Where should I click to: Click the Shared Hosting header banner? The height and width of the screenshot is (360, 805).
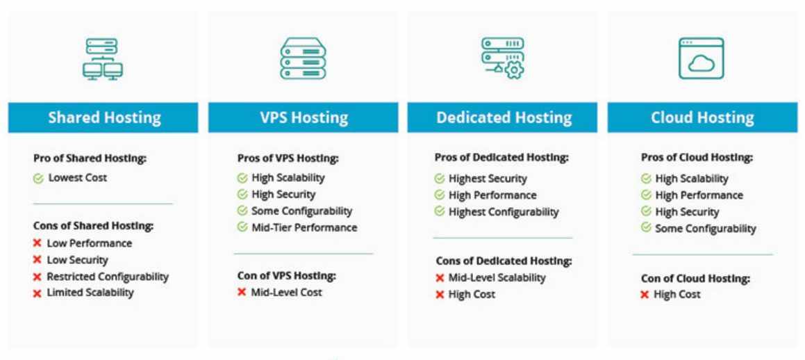pyautogui.click(x=103, y=117)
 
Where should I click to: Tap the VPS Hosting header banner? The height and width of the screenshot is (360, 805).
pyautogui.click(x=304, y=117)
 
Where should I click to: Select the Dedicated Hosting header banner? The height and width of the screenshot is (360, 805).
pyautogui.click(x=503, y=117)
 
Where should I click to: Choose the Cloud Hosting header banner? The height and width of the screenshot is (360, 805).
pyautogui.click(x=702, y=117)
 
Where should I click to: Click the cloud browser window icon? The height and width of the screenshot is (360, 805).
pyautogui.click(x=701, y=58)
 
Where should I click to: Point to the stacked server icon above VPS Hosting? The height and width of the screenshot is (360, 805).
pyautogui.click(x=303, y=59)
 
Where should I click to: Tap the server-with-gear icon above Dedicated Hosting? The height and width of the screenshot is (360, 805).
pyautogui.click(x=503, y=58)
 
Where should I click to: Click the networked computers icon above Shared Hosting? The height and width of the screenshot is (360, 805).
pyautogui.click(x=103, y=59)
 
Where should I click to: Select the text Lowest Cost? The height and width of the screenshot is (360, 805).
pyautogui.click(x=78, y=178)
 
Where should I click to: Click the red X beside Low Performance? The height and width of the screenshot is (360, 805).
pyautogui.click(x=38, y=243)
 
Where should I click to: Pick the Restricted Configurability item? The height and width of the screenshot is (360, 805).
pyautogui.click(x=108, y=277)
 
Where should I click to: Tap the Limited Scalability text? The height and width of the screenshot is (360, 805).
pyautogui.click(x=90, y=293)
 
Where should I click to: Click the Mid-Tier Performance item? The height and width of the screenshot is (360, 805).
pyautogui.click(x=304, y=227)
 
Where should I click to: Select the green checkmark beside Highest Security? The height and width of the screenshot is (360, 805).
pyautogui.click(x=440, y=179)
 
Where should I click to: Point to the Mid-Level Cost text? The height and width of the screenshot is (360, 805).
pyautogui.click(x=286, y=293)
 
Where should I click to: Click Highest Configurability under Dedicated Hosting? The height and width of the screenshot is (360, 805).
pyautogui.click(x=504, y=212)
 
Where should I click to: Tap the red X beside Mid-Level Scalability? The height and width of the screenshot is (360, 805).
pyautogui.click(x=440, y=278)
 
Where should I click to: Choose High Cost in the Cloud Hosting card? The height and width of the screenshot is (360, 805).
pyautogui.click(x=677, y=295)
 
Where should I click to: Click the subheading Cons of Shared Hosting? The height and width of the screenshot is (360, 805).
pyautogui.click(x=93, y=226)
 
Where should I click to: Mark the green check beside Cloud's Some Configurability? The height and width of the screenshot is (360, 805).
pyautogui.click(x=646, y=228)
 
